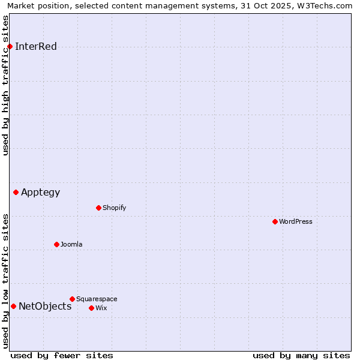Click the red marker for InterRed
pyautogui.click(x=10, y=46)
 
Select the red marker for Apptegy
pyautogui.click(x=16, y=192)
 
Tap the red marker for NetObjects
pyautogui.click(x=13, y=306)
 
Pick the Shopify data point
pyautogui.click(x=98, y=208)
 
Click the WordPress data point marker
pyautogui.click(x=275, y=221)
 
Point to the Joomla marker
pyautogui.click(x=56, y=244)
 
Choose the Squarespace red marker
pyautogui.click(x=72, y=299)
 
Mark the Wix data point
pyautogui.click(x=91, y=308)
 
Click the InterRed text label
pyautogui.click(x=36, y=47)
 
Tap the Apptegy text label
pyautogui.click(x=41, y=193)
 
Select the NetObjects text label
pyautogui.click(x=45, y=307)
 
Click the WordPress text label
pyautogui.click(x=296, y=222)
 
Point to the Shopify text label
pyautogui.click(x=115, y=208)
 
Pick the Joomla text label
pyautogui.click(x=71, y=245)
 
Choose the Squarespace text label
pyautogui.click(x=97, y=299)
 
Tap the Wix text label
pyautogui.click(x=101, y=308)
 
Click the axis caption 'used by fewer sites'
pyautogui.click(x=62, y=355)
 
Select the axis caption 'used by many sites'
pyautogui.click(x=301, y=355)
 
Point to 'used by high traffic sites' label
pyautogui.click(x=6, y=85)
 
